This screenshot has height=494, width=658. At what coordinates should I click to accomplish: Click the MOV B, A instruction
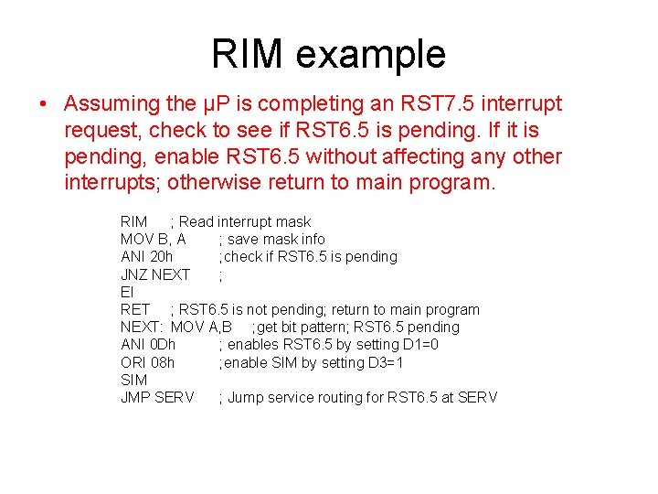[x=153, y=240]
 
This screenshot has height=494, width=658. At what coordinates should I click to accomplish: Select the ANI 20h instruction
[x=146, y=257]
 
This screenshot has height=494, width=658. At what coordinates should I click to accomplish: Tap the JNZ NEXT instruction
[x=155, y=274]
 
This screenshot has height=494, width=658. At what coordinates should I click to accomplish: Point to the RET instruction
[x=134, y=309]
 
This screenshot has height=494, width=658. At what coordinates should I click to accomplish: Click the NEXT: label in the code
[x=142, y=327]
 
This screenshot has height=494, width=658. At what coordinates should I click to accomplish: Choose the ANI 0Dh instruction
[x=148, y=345]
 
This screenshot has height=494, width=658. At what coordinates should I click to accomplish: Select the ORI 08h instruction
[x=147, y=362]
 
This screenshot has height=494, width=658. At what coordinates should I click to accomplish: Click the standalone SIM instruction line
[x=133, y=380]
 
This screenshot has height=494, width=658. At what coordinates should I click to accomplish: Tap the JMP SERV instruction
[x=157, y=397]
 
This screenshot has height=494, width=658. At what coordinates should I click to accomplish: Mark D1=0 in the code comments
[x=419, y=345]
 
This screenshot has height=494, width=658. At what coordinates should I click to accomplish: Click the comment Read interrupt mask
[x=245, y=222]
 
